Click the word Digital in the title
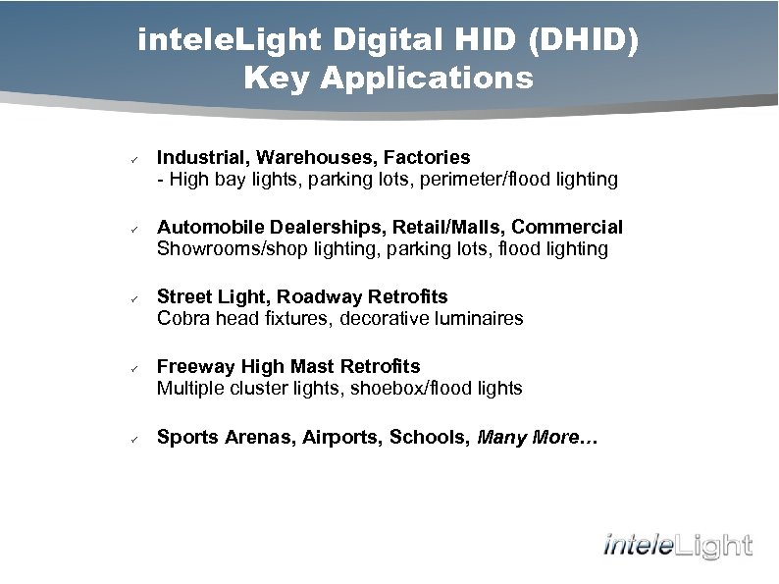tap(376, 40)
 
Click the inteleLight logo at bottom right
tap(678, 545)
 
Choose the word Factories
tap(427, 157)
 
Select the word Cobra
tap(182, 318)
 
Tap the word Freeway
tap(194, 366)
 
